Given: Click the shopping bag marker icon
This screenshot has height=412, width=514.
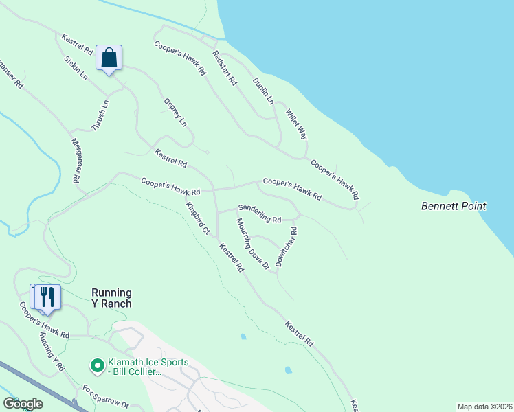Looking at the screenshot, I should [109, 57].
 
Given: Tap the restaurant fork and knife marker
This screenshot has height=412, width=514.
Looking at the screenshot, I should [47, 297].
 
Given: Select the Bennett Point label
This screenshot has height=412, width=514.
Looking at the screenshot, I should [454, 206].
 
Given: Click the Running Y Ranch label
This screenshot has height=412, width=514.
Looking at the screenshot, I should [111, 297].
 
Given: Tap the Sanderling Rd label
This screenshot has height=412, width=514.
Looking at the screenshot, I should [260, 214].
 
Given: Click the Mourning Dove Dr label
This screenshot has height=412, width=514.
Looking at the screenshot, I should [252, 244].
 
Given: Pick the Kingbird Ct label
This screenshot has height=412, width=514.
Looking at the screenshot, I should [197, 218].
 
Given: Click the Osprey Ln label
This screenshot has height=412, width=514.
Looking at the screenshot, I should [175, 112].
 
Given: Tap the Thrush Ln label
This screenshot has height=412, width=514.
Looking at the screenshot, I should [100, 115].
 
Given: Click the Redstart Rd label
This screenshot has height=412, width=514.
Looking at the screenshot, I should [225, 68].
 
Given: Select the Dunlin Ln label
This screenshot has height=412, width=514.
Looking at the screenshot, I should [263, 90].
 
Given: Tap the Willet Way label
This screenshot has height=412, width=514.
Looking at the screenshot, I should [296, 124].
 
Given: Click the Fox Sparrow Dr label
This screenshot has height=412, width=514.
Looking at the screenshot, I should [106, 398].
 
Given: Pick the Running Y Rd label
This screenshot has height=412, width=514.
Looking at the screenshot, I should [52, 352].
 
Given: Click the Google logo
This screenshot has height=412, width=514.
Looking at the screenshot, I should [23, 404].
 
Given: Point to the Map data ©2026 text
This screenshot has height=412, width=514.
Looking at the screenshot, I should [484, 407].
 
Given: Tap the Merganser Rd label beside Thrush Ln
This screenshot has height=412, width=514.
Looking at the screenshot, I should [77, 159].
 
